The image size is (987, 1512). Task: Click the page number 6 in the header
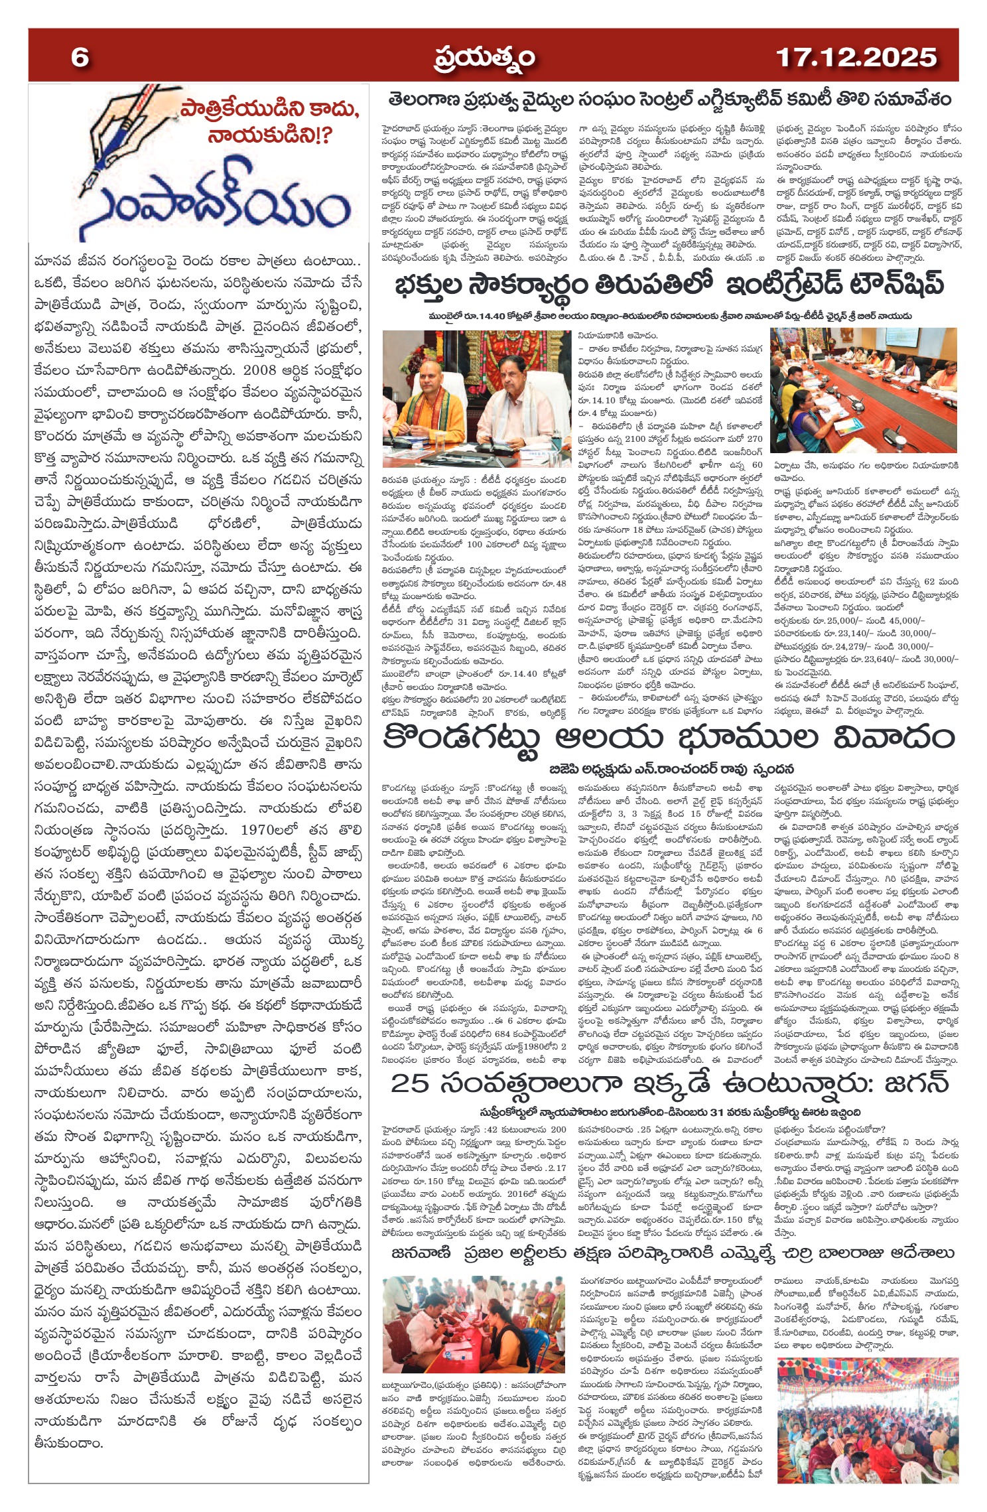(80, 58)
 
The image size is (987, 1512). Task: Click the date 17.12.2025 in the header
(856, 58)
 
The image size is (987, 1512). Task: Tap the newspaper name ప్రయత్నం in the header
(485, 58)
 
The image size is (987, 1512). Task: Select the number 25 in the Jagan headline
(410, 1084)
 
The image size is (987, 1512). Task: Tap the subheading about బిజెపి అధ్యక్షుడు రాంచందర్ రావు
(671, 770)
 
